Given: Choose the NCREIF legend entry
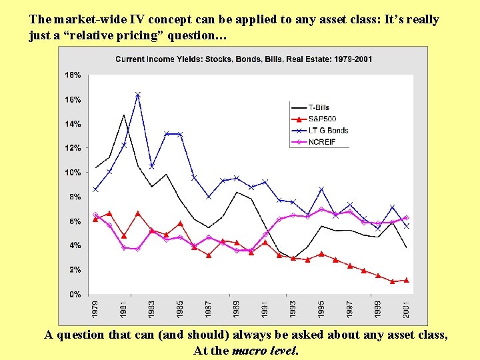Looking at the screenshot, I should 320,141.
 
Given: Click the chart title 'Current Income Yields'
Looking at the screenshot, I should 244,59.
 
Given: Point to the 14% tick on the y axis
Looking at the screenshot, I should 73,124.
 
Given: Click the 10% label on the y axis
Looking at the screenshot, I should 73,173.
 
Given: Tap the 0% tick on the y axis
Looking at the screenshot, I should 75,294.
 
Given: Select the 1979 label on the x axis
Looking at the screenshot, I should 96,308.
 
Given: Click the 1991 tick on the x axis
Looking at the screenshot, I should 265,308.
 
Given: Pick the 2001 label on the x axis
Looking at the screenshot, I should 407,308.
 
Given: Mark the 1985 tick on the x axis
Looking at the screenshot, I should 181,308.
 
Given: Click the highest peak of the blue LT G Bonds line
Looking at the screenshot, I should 138,95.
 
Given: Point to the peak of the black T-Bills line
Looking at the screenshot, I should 124,115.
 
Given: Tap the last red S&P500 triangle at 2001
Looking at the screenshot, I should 407,280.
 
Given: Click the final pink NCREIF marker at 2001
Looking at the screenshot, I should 407,218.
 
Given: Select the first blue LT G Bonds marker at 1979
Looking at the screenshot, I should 96,189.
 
